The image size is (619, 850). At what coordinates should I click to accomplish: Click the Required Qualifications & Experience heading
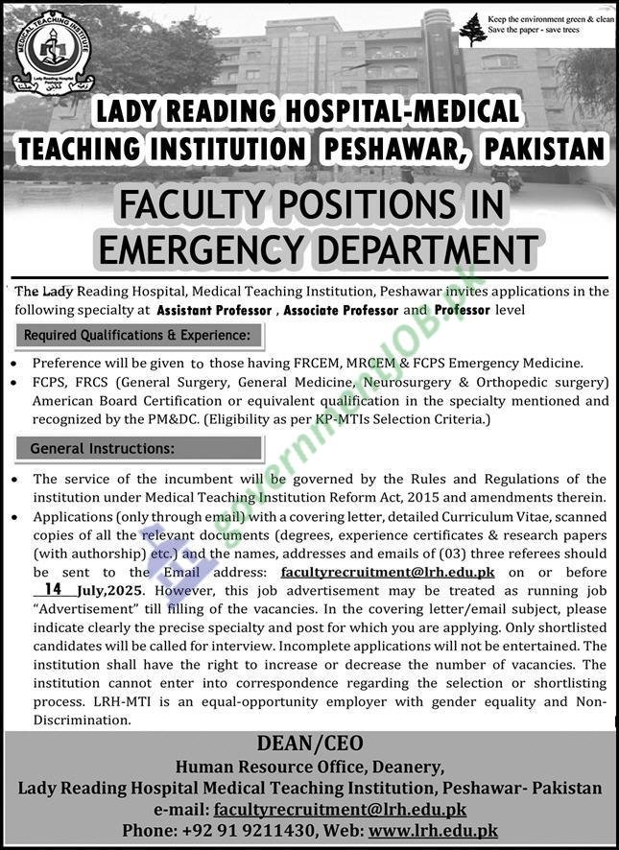pos(136,336)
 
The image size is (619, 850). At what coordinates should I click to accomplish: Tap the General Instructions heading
pos(102,448)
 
